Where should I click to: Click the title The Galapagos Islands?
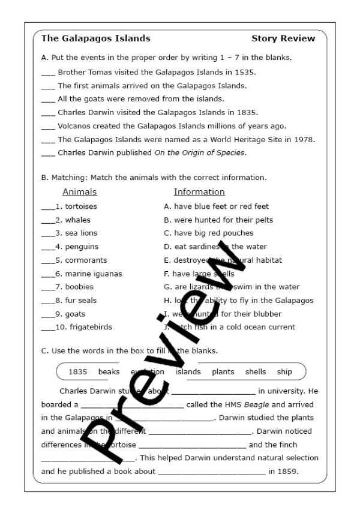[95, 38]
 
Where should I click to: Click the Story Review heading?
[283, 38]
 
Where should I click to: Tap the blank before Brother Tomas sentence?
[48, 73]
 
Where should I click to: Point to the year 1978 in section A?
[304, 139]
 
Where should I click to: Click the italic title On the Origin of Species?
[199, 153]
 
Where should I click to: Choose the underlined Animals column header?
[79, 192]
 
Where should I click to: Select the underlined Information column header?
[199, 192]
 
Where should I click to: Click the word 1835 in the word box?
[78, 371]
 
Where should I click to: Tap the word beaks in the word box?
[109, 371]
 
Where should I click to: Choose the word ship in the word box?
[284, 371]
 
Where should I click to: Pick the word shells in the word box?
[256, 371]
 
